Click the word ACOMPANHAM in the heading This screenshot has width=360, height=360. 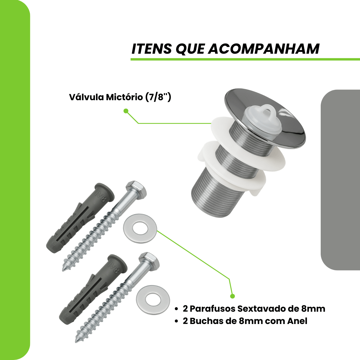coord(264,49)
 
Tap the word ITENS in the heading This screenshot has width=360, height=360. coord(151,49)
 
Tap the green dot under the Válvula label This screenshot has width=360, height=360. coord(126,111)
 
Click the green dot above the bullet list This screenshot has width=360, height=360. coord(232,296)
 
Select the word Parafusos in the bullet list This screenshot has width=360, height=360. coord(213,309)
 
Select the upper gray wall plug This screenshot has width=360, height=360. coord(80,218)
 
